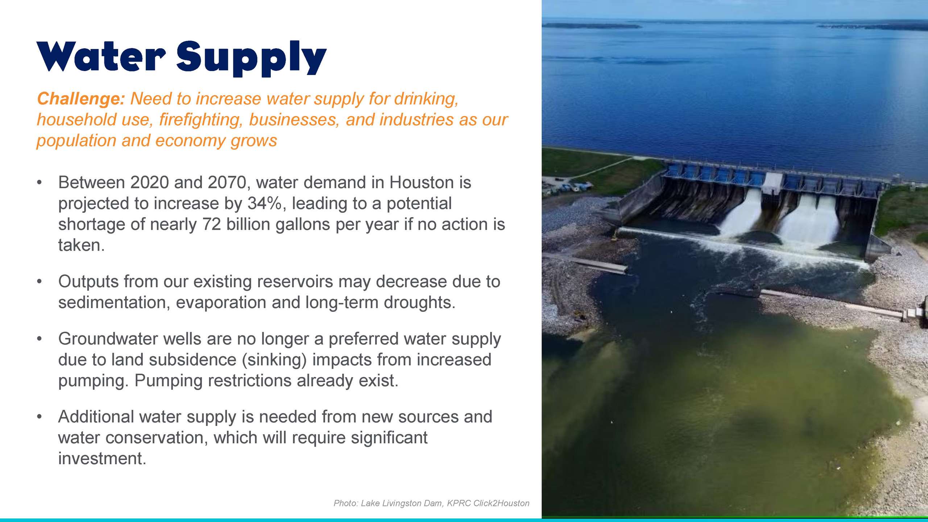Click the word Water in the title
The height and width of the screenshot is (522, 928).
(x=101, y=57)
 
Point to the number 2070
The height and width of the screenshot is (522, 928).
(x=227, y=182)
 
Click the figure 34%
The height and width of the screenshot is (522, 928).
(x=264, y=203)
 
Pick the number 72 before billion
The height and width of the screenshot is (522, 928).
(x=212, y=224)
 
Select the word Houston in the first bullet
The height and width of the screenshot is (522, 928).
(x=421, y=182)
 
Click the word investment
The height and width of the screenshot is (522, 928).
(x=102, y=459)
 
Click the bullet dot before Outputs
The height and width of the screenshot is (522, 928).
(x=40, y=282)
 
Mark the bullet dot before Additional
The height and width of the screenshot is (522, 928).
(x=40, y=417)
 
